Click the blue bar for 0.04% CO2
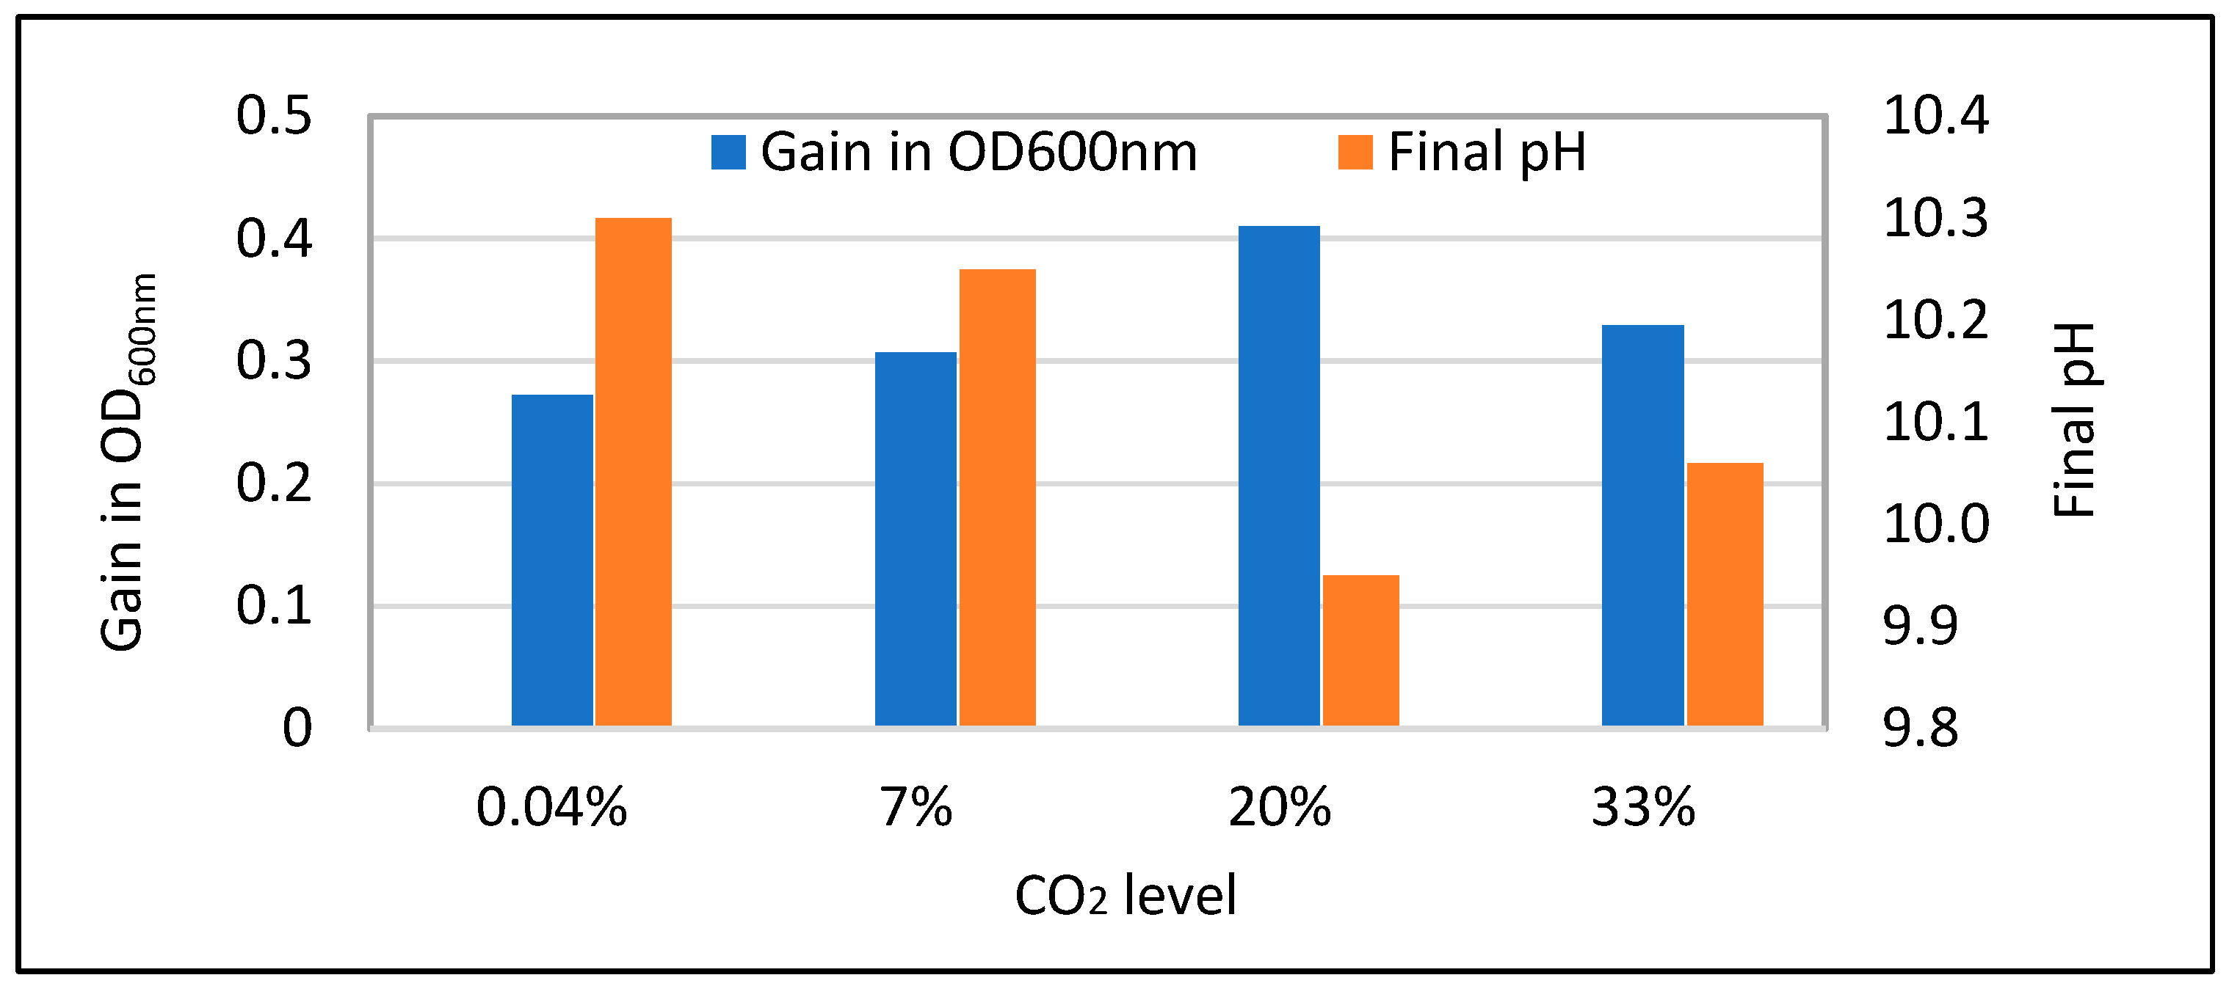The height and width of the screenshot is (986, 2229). (x=552, y=560)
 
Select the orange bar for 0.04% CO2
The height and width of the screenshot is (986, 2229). (x=634, y=472)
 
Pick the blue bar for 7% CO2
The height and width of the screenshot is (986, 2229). (x=916, y=538)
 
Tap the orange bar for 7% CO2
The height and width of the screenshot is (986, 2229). (x=997, y=497)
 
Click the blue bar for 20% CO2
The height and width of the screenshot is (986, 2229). (x=1279, y=475)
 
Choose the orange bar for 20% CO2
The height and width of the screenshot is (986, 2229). (x=1360, y=651)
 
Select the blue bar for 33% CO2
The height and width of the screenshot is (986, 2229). (x=1642, y=525)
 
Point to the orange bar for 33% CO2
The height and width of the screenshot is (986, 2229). (x=1725, y=594)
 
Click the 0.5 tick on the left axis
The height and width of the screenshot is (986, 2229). (x=273, y=115)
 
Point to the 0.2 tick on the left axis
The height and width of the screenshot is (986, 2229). (x=273, y=483)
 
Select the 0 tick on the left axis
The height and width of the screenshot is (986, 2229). (x=297, y=727)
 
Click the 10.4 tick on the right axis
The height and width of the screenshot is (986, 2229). (x=1935, y=115)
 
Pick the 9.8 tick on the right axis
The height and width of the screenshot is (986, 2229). (x=1920, y=727)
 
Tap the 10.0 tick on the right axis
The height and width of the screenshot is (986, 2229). (x=1935, y=523)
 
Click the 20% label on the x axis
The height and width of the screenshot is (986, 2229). (x=1280, y=808)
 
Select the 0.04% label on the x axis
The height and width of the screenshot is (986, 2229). (x=552, y=808)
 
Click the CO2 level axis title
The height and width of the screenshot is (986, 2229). (x=1125, y=896)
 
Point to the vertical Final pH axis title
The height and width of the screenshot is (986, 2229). (x=2074, y=420)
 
